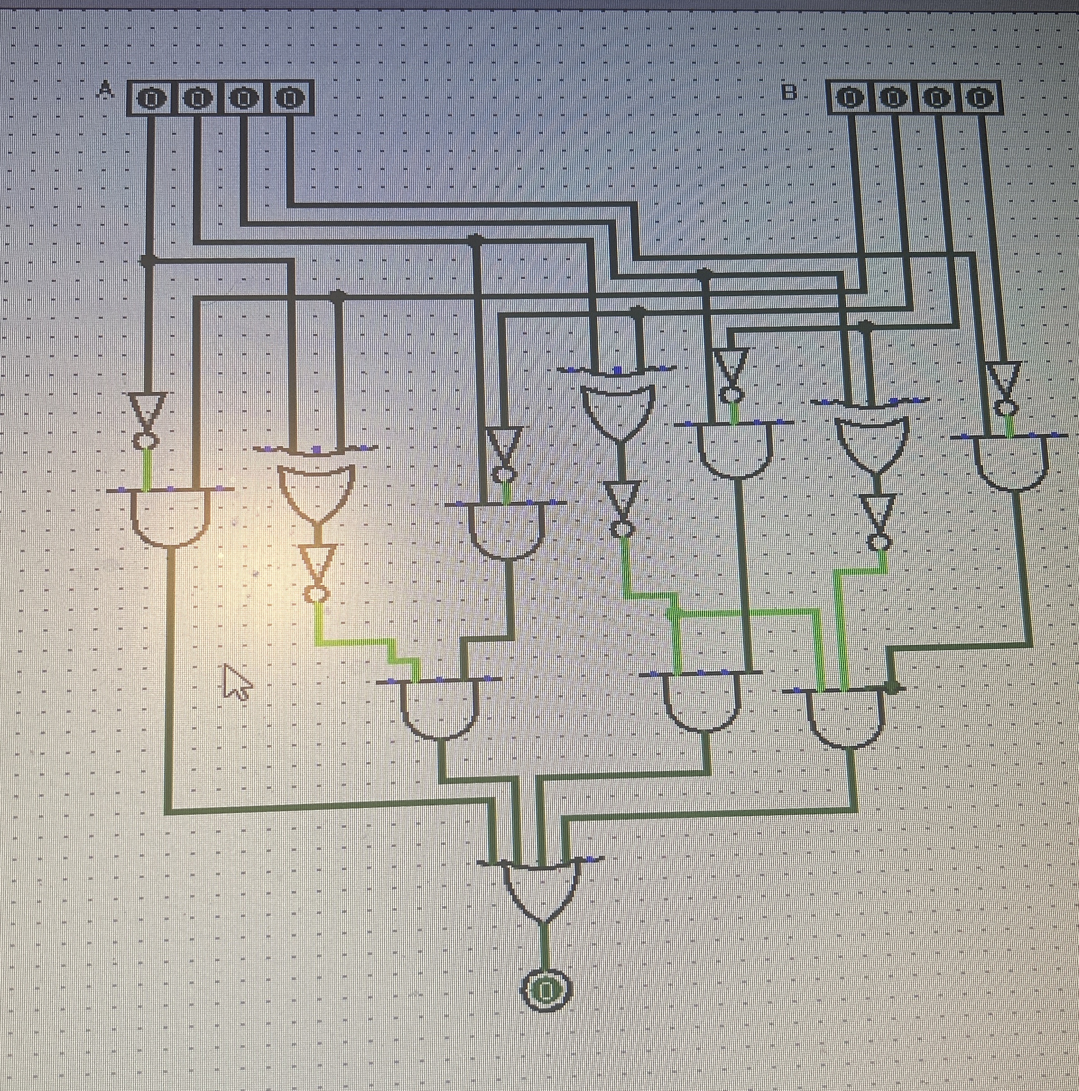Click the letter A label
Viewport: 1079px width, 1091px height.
tap(105, 89)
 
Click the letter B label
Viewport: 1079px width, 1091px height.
tap(789, 92)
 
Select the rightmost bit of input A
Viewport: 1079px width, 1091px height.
tap(289, 99)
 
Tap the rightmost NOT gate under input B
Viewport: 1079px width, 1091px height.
tap(1004, 386)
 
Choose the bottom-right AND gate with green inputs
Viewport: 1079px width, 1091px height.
tap(846, 717)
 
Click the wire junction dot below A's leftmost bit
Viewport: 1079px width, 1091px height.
tap(148, 261)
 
